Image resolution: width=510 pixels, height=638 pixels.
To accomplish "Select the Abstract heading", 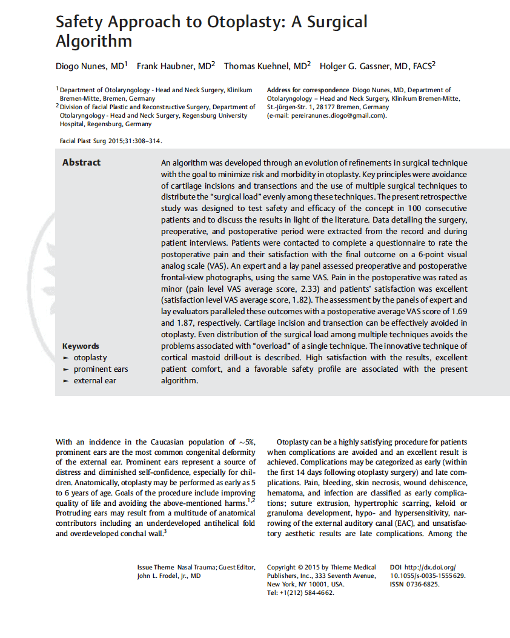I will (82, 163).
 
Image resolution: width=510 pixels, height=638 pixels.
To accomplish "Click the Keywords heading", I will (81, 346).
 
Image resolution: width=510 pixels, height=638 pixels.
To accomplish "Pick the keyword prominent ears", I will (101, 369).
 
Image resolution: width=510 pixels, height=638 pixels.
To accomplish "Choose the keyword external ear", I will (94, 381).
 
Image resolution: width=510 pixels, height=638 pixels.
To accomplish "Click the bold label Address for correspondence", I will (308, 90).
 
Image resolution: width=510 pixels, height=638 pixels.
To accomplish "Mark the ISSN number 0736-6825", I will (423, 584).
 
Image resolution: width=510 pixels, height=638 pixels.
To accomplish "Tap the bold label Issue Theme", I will (156, 567).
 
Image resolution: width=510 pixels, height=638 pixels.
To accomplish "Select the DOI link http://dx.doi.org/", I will (435, 567).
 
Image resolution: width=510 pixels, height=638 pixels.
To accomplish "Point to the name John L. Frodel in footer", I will (162, 576).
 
